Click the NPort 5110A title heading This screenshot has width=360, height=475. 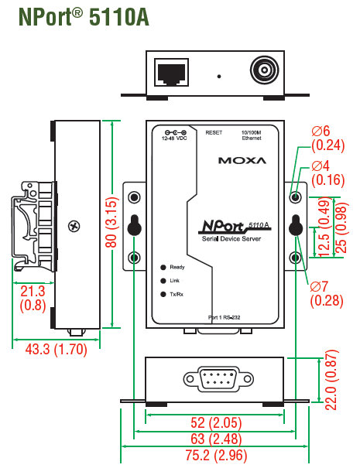(x=84, y=17)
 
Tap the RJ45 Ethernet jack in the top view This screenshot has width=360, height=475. (x=171, y=73)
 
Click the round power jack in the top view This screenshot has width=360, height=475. (x=264, y=71)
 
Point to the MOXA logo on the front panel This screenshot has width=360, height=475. (x=242, y=160)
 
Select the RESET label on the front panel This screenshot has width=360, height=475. (x=214, y=133)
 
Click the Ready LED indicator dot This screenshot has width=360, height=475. (x=163, y=267)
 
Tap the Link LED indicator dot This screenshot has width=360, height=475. (x=163, y=281)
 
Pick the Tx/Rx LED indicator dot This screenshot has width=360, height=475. (x=163, y=294)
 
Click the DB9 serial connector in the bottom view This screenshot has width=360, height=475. (x=218, y=379)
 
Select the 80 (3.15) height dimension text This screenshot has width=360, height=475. (x=111, y=222)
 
